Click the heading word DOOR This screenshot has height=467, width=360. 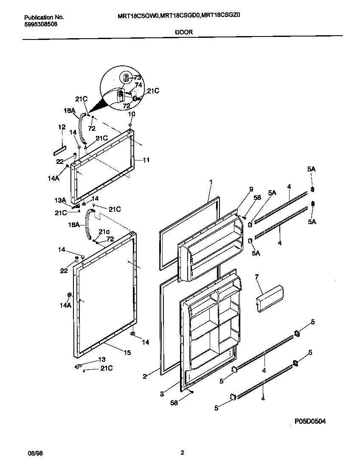(183, 32)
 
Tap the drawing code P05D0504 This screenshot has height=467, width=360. (310, 421)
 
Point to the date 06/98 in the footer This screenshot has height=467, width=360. (35, 453)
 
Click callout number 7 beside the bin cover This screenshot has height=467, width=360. (256, 277)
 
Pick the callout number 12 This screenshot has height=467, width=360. (62, 127)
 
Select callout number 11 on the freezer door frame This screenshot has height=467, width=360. (146, 160)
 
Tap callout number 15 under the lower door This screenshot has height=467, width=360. (127, 352)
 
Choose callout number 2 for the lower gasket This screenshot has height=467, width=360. (145, 376)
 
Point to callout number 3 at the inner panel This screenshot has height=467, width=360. (162, 394)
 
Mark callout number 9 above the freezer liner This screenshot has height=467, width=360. (251, 189)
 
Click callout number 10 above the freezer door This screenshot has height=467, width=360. (132, 114)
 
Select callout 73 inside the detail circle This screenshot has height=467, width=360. (137, 78)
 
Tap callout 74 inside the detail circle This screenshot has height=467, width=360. (138, 85)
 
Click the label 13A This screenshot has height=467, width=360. (60, 200)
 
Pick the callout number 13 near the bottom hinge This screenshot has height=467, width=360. (102, 359)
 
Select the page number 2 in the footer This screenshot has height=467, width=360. (182, 453)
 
